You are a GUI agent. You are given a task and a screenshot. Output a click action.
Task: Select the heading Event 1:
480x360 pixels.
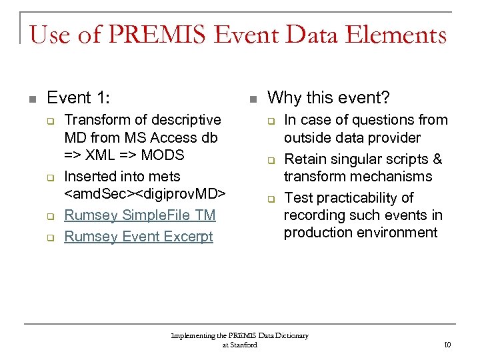(x=79, y=98)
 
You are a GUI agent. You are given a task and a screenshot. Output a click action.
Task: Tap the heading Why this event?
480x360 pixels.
(x=328, y=98)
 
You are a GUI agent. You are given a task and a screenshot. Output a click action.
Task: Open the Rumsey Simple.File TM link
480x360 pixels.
(x=139, y=215)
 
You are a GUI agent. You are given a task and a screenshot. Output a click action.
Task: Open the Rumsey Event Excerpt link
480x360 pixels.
(x=138, y=237)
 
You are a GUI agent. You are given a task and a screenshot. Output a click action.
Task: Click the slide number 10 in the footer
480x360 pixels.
(x=447, y=345)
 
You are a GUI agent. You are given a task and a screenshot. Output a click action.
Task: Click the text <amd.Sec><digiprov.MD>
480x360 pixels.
(x=145, y=194)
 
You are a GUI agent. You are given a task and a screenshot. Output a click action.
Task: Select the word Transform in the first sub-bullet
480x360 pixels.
(x=95, y=120)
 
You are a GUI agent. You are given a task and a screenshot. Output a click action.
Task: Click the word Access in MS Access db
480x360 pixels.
(x=163, y=138)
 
